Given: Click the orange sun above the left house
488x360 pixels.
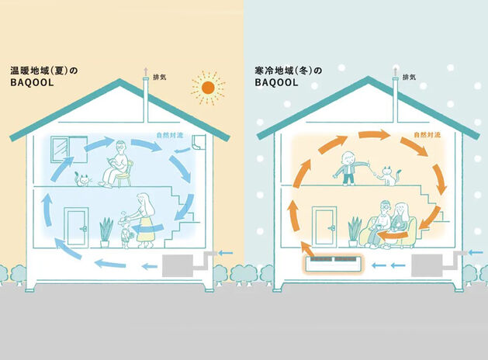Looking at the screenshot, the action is click(x=206, y=88).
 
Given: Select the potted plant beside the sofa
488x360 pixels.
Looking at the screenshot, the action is click(x=355, y=230).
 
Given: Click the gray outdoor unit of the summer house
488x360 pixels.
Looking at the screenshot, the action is click(x=181, y=265).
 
